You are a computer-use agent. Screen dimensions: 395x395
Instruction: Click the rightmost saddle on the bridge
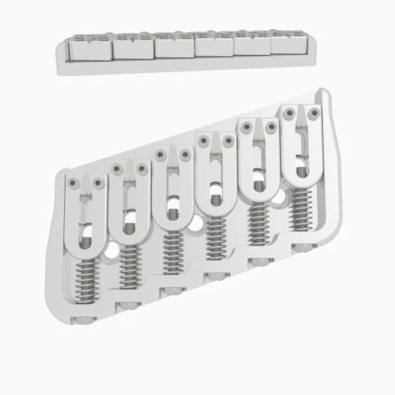[301, 142]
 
